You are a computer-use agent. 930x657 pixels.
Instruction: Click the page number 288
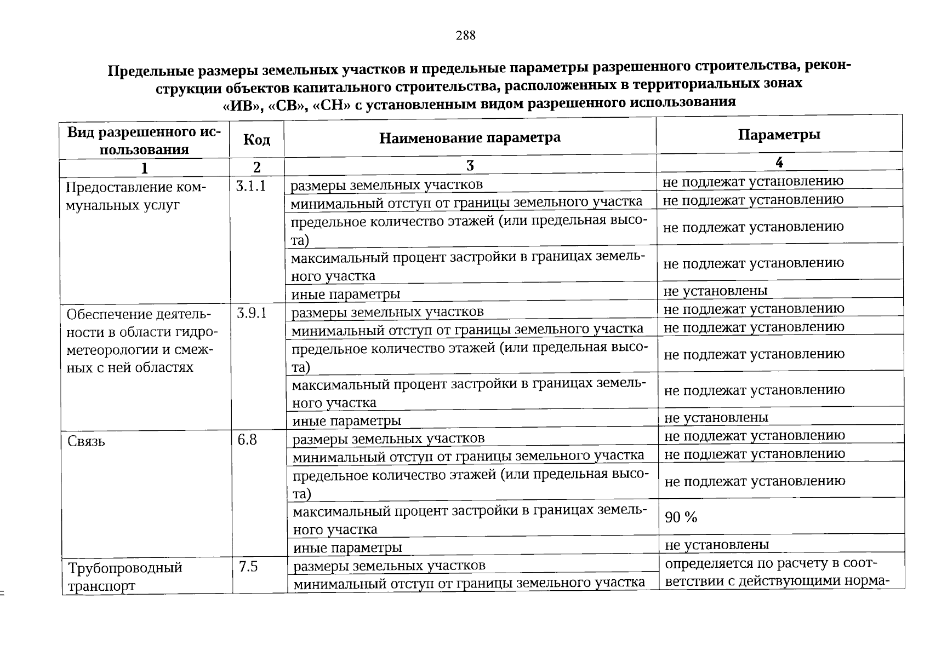(x=465, y=36)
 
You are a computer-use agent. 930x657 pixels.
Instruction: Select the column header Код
(x=256, y=140)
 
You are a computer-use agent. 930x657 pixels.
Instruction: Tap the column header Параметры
(x=779, y=135)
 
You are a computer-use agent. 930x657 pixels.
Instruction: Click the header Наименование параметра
(x=470, y=137)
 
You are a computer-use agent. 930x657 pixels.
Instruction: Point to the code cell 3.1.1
(x=251, y=186)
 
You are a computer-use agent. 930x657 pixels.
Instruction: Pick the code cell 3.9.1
(x=252, y=313)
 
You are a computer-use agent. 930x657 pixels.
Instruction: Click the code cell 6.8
(x=247, y=440)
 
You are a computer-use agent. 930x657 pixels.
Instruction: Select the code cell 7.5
(x=248, y=567)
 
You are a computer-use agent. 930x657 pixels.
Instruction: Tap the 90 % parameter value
(x=681, y=517)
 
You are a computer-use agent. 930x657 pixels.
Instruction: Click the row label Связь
(x=86, y=441)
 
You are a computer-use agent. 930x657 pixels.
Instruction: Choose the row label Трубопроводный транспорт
(x=124, y=577)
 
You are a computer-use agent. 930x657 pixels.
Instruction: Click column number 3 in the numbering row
(x=470, y=165)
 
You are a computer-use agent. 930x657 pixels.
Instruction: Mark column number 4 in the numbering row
(x=779, y=162)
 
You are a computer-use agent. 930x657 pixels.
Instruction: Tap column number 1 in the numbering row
(x=144, y=168)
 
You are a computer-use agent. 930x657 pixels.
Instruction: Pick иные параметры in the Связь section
(x=347, y=547)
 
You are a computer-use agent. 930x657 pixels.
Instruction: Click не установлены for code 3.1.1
(x=715, y=291)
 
